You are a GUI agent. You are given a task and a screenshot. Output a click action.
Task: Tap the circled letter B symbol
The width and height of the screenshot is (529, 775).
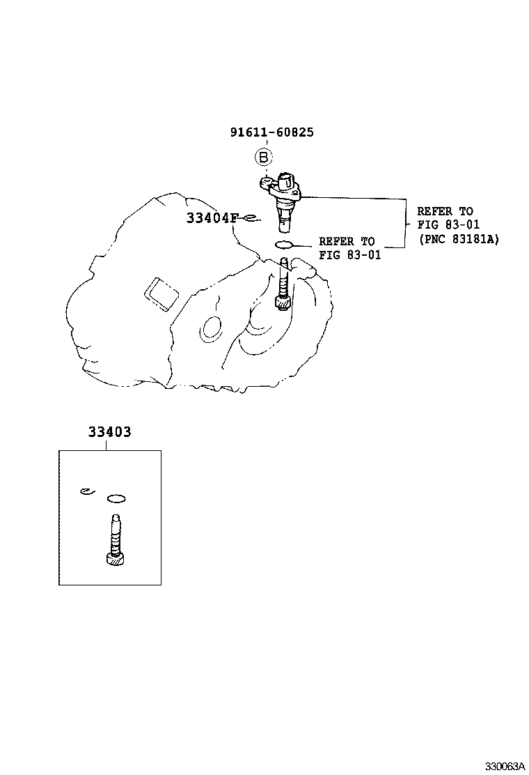(x=263, y=158)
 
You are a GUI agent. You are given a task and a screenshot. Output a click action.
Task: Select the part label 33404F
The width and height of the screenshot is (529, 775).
(x=212, y=218)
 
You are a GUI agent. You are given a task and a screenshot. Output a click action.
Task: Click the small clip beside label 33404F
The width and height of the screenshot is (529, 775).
(x=253, y=217)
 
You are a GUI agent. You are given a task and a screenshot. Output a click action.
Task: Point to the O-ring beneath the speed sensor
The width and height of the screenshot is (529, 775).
(x=284, y=244)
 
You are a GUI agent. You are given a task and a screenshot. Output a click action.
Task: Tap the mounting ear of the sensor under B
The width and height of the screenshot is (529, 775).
(x=266, y=182)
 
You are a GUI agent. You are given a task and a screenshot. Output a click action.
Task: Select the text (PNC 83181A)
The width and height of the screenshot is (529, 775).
(x=459, y=238)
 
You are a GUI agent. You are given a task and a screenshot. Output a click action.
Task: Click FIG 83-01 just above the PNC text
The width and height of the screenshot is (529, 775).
(x=448, y=224)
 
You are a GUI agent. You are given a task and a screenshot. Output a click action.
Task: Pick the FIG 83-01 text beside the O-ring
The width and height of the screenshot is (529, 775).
(x=350, y=254)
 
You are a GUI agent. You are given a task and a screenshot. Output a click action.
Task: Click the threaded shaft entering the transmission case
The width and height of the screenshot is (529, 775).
(x=284, y=279)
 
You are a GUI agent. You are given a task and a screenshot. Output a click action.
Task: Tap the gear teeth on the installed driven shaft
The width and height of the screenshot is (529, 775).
(x=283, y=303)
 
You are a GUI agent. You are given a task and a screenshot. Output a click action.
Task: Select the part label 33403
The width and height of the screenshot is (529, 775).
(x=109, y=432)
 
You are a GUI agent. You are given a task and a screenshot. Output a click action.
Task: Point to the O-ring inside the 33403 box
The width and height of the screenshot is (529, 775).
(x=116, y=498)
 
